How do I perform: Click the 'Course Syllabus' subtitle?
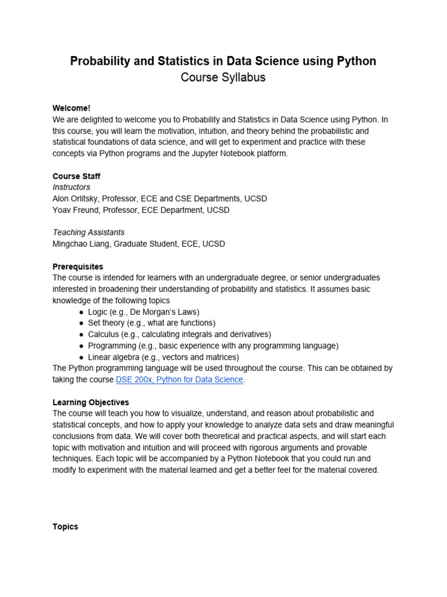point(223,78)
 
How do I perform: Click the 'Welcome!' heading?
point(72,108)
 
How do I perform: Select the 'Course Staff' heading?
point(76,176)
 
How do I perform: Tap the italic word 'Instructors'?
point(71,187)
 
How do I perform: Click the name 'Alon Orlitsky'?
point(75,199)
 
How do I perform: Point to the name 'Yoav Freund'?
point(75,210)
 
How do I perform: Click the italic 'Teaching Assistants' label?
point(88,233)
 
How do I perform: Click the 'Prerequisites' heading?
point(78,266)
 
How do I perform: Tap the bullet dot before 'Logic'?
point(81,312)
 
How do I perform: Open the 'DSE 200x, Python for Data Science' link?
point(179,380)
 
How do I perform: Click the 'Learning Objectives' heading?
point(91,402)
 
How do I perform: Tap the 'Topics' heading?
point(65,526)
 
